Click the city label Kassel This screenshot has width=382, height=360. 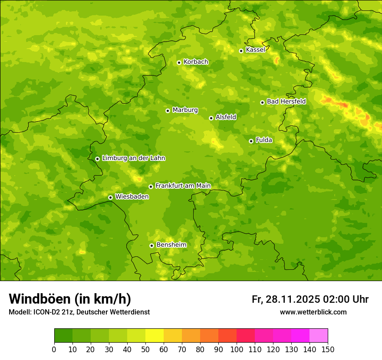[x=255, y=50]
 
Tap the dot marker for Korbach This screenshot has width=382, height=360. [x=179, y=62]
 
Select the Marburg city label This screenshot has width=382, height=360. [x=185, y=110]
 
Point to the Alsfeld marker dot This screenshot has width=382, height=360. [x=211, y=118]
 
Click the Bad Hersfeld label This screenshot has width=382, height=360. [x=286, y=101]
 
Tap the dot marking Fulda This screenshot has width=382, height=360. [x=251, y=141]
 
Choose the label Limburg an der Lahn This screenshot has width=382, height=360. [x=133, y=158]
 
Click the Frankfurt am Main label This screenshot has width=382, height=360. [x=183, y=186]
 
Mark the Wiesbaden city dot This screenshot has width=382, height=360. [x=110, y=197]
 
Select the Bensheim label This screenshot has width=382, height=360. [x=171, y=245]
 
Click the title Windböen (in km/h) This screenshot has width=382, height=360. [x=70, y=299]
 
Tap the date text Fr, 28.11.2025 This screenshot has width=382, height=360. [x=286, y=299]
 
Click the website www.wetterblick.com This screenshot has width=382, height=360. [x=313, y=312]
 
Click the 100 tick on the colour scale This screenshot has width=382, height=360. [x=237, y=349]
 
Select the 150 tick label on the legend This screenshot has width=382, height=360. [x=328, y=349]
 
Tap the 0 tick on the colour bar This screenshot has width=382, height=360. [x=54, y=349]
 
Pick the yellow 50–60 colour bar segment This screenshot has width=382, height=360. [x=155, y=336]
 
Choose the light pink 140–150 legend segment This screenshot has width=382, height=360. [x=319, y=336]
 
